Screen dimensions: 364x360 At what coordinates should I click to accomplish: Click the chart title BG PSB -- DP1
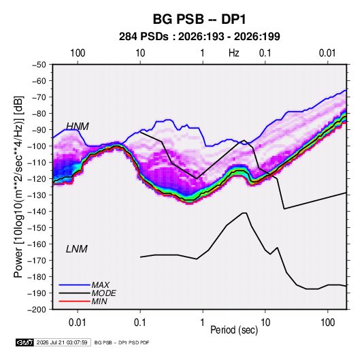(x=199, y=19)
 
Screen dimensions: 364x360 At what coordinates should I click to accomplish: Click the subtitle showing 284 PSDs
(x=199, y=37)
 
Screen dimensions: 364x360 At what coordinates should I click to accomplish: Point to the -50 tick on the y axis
(x=39, y=65)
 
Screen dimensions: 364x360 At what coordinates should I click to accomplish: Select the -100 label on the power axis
(x=37, y=146)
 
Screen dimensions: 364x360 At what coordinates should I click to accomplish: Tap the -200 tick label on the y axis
(x=37, y=310)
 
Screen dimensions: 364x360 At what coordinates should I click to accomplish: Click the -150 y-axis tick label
(x=37, y=227)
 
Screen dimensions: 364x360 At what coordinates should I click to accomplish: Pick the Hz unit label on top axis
(x=234, y=53)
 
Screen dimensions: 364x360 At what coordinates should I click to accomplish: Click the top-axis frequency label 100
(x=78, y=53)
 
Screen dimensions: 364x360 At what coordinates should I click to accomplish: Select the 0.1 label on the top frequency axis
(x=265, y=53)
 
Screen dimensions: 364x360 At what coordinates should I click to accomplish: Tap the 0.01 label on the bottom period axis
(x=78, y=323)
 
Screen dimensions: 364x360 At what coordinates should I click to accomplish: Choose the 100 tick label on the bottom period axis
(x=327, y=323)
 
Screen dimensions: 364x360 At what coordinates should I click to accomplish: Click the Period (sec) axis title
(x=234, y=330)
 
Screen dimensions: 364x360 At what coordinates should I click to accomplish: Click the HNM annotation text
(x=78, y=127)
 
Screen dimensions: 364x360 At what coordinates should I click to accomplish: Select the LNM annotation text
(x=77, y=249)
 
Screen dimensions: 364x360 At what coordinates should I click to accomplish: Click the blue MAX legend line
(x=74, y=284)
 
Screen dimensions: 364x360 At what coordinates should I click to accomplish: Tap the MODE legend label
(x=104, y=293)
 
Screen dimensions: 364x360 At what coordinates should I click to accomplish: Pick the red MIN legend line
(x=74, y=301)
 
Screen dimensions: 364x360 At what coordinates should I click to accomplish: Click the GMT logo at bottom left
(x=25, y=342)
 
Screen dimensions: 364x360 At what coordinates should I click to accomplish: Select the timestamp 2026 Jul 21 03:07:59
(x=62, y=342)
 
